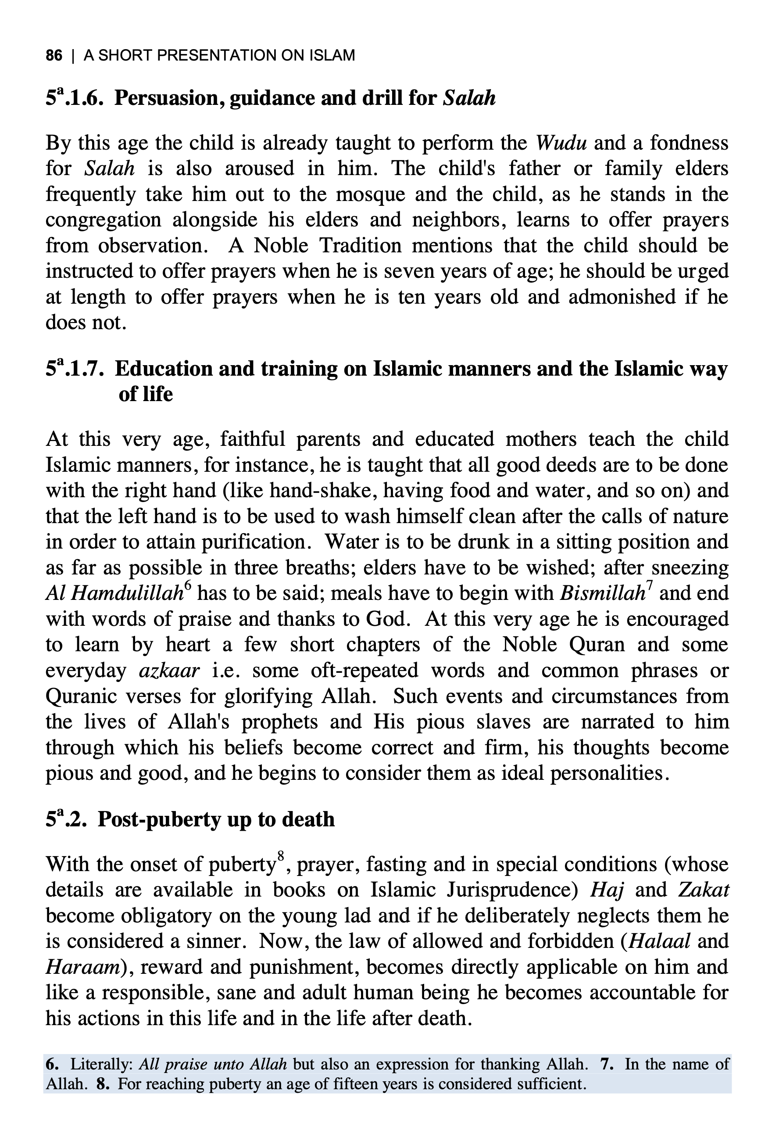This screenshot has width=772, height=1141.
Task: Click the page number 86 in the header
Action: click(54, 55)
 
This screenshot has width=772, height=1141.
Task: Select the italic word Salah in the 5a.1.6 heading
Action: click(469, 98)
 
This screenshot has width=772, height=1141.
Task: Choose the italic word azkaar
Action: click(169, 670)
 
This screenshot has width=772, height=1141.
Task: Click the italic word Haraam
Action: click(82, 967)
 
